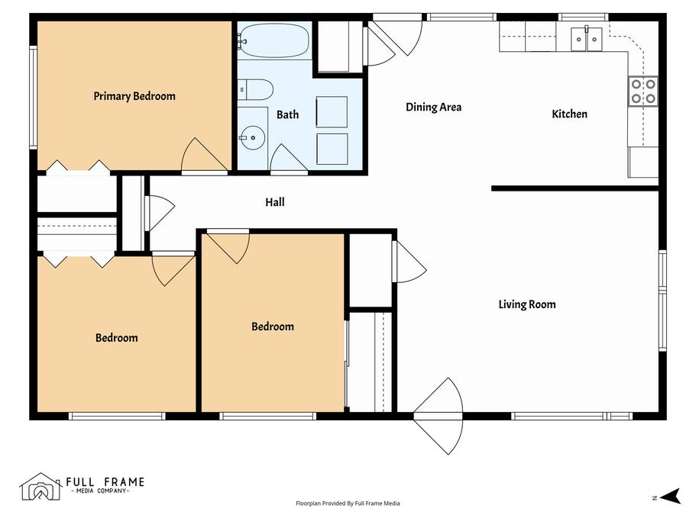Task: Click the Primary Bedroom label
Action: [x=134, y=96]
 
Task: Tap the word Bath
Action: [x=287, y=114]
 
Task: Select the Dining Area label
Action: [x=434, y=107]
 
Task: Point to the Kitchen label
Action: [x=569, y=114]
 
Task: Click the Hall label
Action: [x=275, y=202]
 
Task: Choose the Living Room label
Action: [x=527, y=304]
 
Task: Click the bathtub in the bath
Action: [x=274, y=40]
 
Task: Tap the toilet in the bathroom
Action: [x=255, y=89]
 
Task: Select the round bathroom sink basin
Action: [x=253, y=138]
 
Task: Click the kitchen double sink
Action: [x=586, y=39]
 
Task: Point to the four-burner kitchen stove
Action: [x=643, y=92]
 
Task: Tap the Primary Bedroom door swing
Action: [x=205, y=155]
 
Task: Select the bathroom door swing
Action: [x=289, y=158]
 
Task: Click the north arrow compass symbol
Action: [x=670, y=496]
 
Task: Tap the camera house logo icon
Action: [x=40, y=487]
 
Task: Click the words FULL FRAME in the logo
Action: [x=105, y=481]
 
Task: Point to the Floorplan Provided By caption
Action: [x=348, y=503]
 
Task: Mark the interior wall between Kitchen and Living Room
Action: [x=575, y=188]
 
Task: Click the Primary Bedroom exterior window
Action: [x=34, y=97]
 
